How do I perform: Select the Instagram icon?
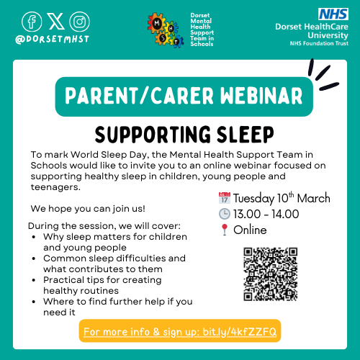(80, 20)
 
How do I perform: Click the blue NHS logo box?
(331, 13)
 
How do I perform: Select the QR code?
(271, 274)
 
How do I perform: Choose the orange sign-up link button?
(179, 331)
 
